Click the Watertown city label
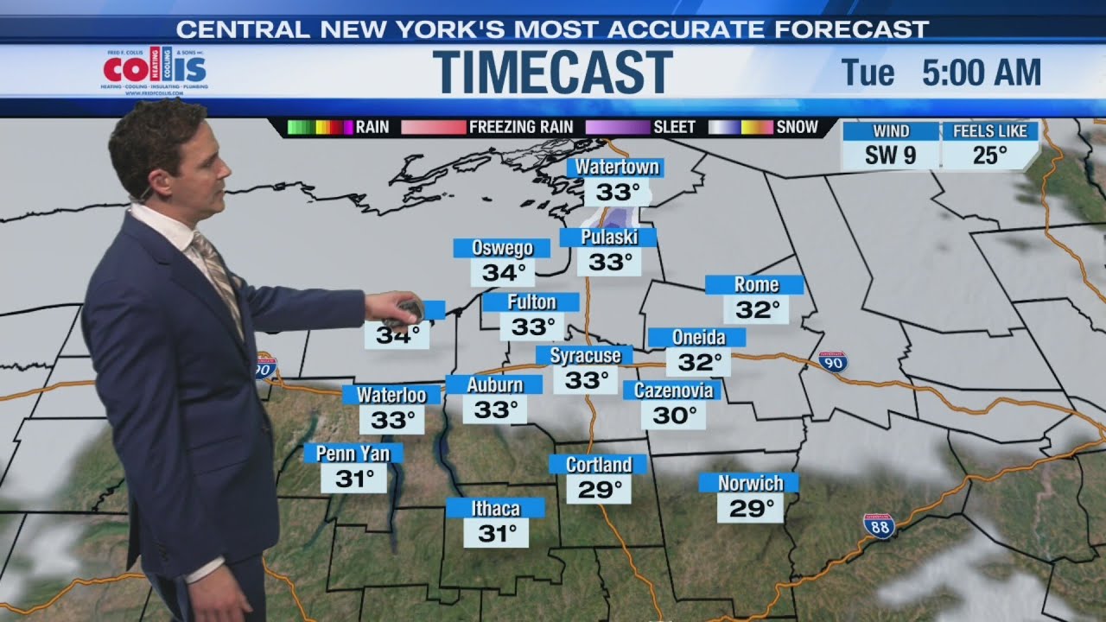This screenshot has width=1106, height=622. pos(617,167)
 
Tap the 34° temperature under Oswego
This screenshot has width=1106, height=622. pos(503,273)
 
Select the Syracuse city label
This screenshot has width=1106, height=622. pos(585,355)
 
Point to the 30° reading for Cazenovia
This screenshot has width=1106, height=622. pos(674,416)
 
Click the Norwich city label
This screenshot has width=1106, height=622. pos(750,483)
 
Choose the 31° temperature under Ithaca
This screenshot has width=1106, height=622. pos(496,533)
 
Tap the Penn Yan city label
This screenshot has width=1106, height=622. pos(353,454)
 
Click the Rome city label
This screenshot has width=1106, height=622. pos(756,285)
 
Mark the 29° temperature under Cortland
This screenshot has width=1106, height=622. pos(599,490)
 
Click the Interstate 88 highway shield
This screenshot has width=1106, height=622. pos(878,526)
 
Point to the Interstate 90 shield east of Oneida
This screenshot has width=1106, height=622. pos(833,362)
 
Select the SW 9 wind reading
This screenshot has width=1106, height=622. pos(890,155)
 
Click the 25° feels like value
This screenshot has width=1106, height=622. pos(990,155)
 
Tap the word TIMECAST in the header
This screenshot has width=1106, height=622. pos(552,72)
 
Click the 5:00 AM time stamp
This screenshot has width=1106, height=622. pos(981,73)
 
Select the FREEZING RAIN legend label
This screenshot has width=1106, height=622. pos(520,127)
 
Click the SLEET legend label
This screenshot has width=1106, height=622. pos(674,127)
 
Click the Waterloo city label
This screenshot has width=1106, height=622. pos(391,395)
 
